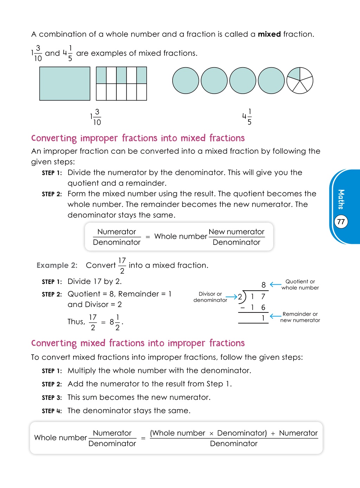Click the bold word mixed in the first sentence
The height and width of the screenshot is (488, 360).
pyautogui.click(x=269, y=34)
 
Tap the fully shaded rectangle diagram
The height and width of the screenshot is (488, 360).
pyautogui.click(x=65, y=84)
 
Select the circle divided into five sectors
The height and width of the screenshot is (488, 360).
pyautogui.click(x=300, y=81)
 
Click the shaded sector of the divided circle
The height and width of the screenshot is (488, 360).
pyautogui.click(x=295, y=74)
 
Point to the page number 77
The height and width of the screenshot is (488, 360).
pyautogui.click(x=341, y=222)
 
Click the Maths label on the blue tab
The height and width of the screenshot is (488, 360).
pyautogui.click(x=341, y=199)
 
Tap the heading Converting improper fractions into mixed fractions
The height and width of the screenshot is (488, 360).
pyautogui.click(x=138, y=138)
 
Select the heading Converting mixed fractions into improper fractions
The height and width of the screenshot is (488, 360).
pyautogui.click(x=138, y=343)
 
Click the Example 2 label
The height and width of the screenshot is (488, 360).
pyautogui.click(x=57, y=265)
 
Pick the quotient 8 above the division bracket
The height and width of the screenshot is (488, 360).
pyautogui.click(x=263, y=285)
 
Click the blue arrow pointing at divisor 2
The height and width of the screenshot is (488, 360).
pyautogui.click(x=231, y=297)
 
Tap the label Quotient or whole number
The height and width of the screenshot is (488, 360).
pyautogui.click(x=300, y=285)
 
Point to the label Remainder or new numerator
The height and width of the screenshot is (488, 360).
pyautogui.click(x=300, y=317)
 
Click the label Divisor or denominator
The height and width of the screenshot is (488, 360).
pyautogui.click(x=210, y=297)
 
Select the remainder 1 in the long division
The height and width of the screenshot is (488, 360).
pyautogui.click(x=263, y=318)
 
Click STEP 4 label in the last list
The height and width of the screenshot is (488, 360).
pyautogui.click(x=52, y=411)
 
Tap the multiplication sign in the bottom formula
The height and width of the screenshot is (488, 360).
pyautogui.click(x=211, y=434)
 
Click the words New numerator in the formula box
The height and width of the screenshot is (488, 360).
pyautogui.click(x=236, y=232)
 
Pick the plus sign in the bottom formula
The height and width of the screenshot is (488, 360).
pyautogui.click(x=273, y=434)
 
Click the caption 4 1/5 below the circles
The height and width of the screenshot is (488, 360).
pyautogui.click(x=247, y=116)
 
